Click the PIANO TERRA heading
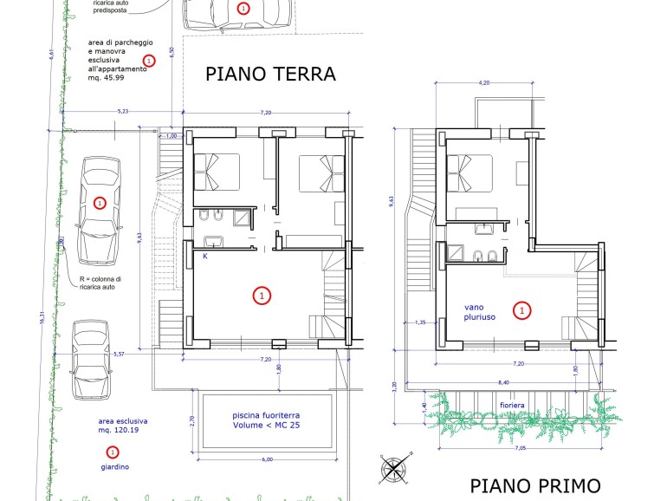tap(270, 74)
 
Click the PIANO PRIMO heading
tap(535, 485)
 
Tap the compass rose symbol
tap(395, 469)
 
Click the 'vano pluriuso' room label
tap(479, 312)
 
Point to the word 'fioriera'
tap(512, 406)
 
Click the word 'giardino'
tap(115, 467)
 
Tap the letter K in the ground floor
tap(205, 257)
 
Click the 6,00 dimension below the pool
tap(267, 459)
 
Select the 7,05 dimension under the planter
tap(521, 448)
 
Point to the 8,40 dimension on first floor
tap(503, 382)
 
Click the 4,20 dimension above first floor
tap(484, 83)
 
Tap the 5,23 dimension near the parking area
tap(122, 112)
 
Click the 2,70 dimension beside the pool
tap(191, 421)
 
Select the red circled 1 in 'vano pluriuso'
tap(522, 310)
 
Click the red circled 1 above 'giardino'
tap(113, 452)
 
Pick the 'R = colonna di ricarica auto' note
tap(100, 283)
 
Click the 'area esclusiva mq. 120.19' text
tap(123, 426)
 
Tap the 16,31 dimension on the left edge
tap(42, 317)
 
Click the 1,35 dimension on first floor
tap(420, 322)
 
